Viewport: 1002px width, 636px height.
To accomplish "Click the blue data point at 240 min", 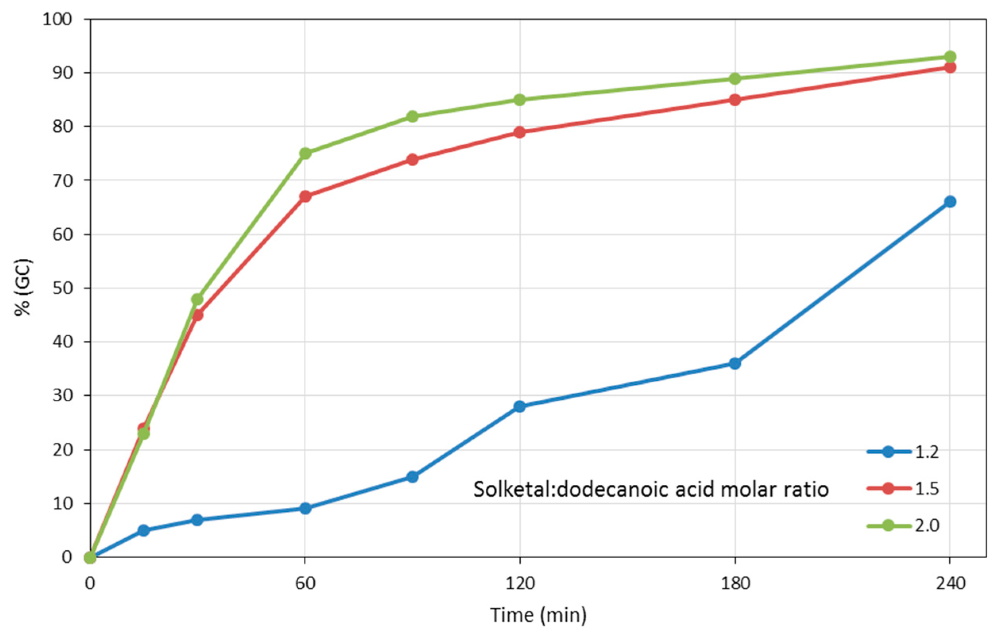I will point(950,202).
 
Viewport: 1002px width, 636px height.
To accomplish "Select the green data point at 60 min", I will point(305,153).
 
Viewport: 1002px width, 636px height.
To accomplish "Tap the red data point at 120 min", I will point(520,133).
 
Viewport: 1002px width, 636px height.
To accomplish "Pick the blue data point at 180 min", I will point(735,364).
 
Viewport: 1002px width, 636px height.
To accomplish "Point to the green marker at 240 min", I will point(950,56).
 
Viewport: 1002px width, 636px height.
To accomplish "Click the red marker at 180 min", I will point(735,100).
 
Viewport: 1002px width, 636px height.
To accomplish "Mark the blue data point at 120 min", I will point(520,407).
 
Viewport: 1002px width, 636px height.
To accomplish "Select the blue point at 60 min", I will point(305,508).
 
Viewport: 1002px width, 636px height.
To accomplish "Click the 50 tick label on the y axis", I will point(62,288).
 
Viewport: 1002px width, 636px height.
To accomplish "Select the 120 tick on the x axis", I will point(520,584).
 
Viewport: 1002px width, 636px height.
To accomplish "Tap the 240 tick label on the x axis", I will point(950,584).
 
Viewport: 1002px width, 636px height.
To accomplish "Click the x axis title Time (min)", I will point(539,615).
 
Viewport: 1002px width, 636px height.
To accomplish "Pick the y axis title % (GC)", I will point(24,287).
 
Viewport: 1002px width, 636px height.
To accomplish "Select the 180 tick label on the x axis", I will point(735,584).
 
